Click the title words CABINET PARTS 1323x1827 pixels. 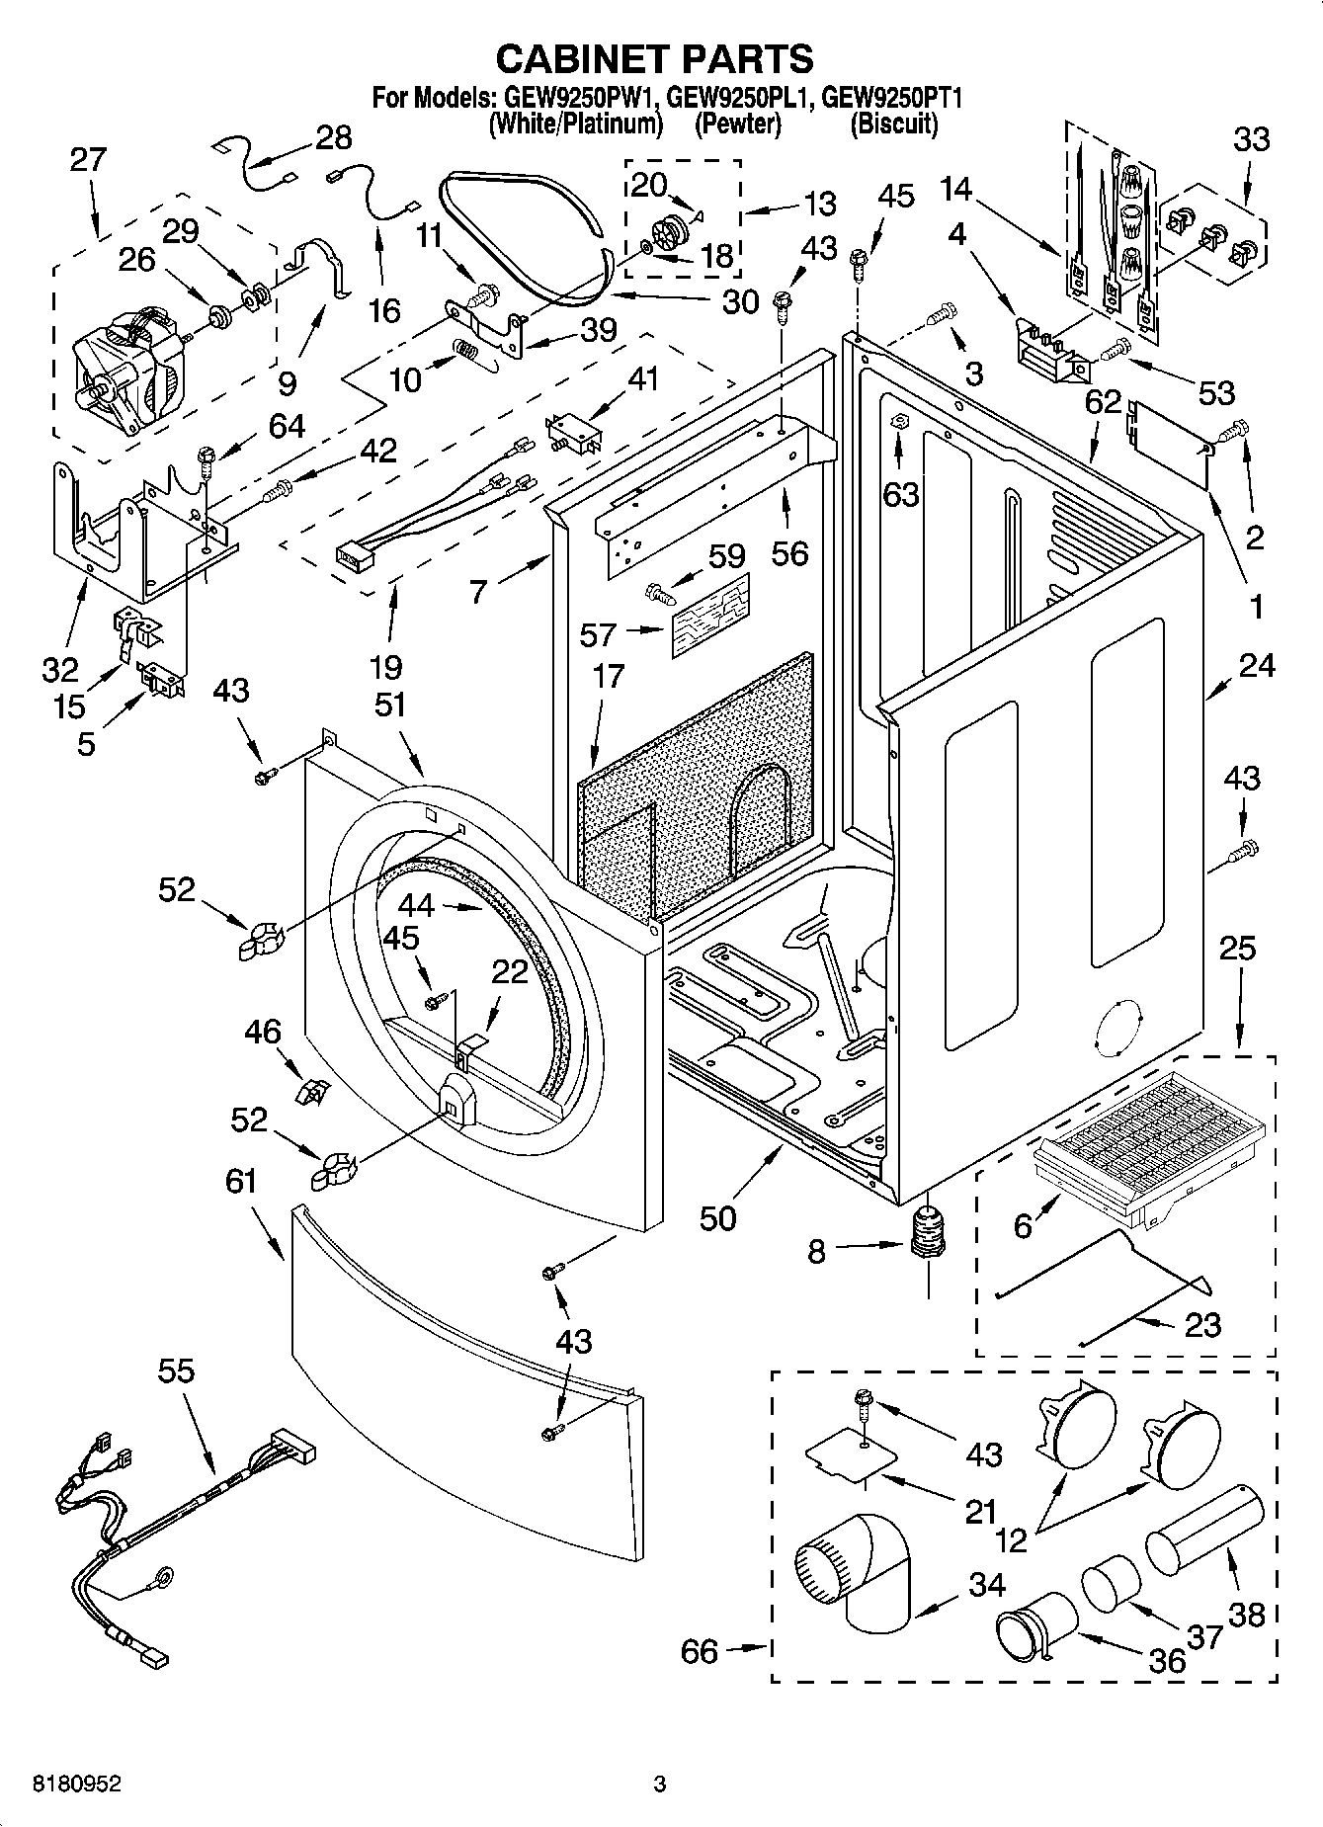(654, 59)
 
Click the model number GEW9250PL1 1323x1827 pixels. (739, 99)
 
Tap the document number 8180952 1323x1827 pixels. (78, 1785)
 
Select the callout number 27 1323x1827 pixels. (87, 160)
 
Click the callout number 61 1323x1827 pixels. (240, 1182)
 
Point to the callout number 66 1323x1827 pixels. (700, 1651)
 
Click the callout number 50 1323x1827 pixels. (718, 1219)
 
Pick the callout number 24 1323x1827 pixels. (1256, 666)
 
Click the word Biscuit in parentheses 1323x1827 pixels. (893, 125)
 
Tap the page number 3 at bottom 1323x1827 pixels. (659, 1785)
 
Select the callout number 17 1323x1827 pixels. (609, 677)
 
